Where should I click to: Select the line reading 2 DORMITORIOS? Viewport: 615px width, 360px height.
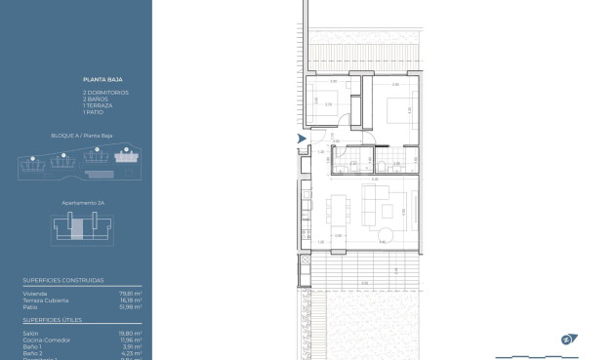(104, 92)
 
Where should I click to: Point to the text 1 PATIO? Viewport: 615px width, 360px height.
(93, 112)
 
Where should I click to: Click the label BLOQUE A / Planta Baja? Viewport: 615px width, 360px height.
(77, 136)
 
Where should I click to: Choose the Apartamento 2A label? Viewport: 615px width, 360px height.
(79, 202)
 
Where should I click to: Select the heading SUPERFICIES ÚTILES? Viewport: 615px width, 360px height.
(53, 319)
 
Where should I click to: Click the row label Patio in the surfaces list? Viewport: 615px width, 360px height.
(30, 306)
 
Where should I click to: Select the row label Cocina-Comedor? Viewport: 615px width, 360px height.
(45, 340)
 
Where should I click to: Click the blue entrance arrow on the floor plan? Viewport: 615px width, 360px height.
(301, 141)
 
